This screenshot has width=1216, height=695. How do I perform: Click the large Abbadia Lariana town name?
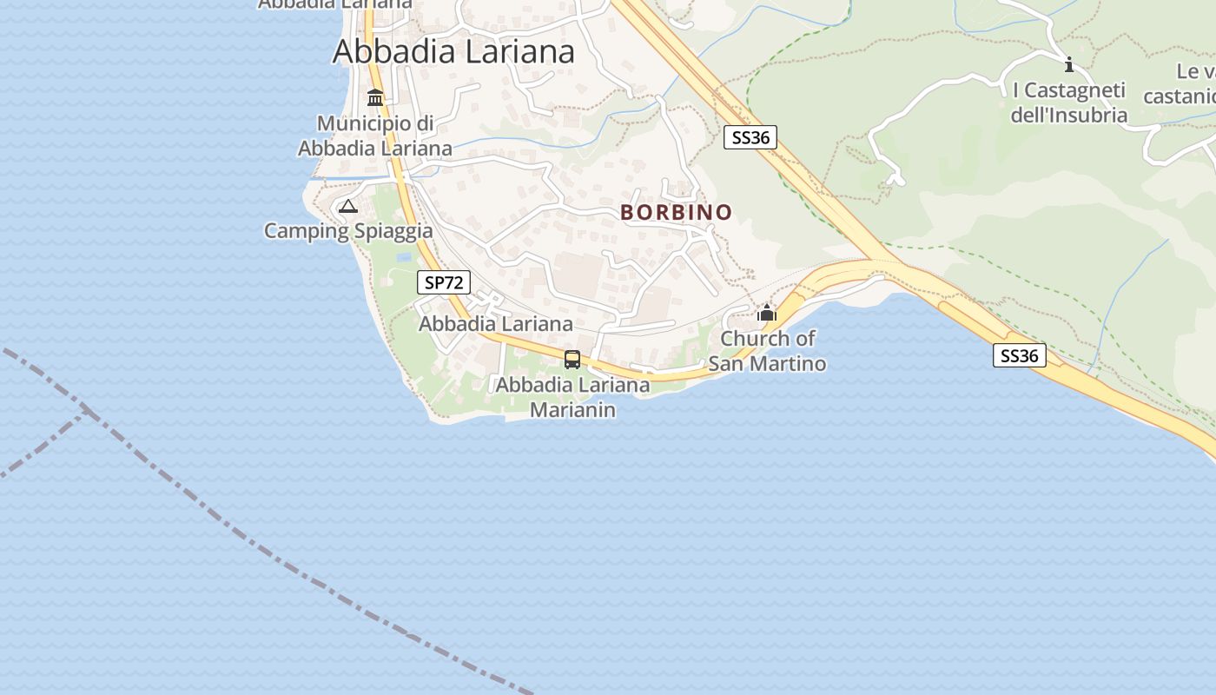point(453,51)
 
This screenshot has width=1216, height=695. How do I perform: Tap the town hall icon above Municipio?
point(375,97)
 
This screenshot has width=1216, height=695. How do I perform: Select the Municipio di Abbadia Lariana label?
point(375,136)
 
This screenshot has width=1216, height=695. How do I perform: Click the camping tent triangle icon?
point(348,206)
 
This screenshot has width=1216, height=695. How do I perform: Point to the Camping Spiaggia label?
point(348,231)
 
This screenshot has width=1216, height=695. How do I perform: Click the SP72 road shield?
point(444,282)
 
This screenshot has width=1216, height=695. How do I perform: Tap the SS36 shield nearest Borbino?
point(750,136)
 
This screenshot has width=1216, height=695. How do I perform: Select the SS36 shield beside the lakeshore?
point(1020,355)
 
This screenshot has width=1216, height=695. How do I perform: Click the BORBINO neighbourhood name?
point(677,212)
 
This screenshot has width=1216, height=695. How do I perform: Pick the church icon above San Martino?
point(767,313)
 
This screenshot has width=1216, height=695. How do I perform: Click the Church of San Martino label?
point(767,351)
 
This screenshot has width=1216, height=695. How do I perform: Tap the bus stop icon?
point(572,359)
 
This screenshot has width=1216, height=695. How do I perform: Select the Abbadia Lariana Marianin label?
point(572,397)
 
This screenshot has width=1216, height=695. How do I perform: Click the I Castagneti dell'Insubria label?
point(1069,103)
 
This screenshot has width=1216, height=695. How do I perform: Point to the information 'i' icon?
point(1069,64)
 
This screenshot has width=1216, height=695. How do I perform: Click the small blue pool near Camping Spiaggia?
point(403,257)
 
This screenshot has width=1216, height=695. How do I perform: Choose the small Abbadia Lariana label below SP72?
point(496,324)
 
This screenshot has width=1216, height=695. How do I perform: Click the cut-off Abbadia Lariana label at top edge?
point(335,3)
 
